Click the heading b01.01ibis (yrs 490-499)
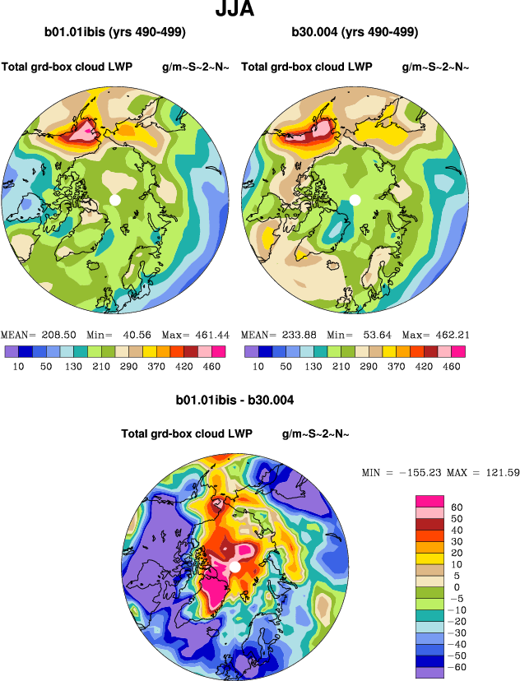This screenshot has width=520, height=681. click(x=114, y=32)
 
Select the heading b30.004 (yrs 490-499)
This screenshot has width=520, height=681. click(x=355, y=32)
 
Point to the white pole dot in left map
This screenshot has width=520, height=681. click(x=115, y=200)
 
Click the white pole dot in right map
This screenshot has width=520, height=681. click(x=355, y=200)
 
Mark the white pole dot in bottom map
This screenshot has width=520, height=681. click(x=235, y=567)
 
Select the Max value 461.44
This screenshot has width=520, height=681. click(x=212, y=336)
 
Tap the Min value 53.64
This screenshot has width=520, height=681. click(x=371, y=336)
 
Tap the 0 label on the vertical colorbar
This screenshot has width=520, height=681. click(x=456, y=588)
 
